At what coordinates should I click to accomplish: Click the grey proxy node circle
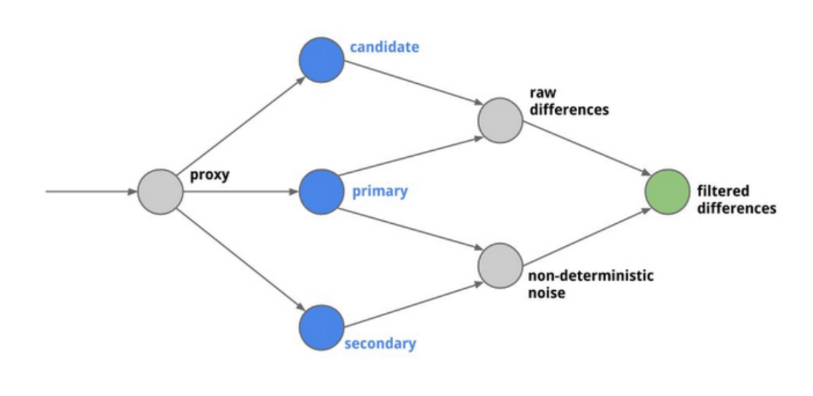pos(160,192)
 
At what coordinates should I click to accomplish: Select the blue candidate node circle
pos(321,60)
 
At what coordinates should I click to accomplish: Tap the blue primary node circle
pos(321,192)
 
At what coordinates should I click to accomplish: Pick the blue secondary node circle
pos(321,327)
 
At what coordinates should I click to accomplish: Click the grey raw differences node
pos(500,120)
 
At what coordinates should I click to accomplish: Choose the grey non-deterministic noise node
pos(500,266)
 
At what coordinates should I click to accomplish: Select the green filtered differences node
pos(667,192)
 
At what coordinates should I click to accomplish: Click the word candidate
pos(384,47)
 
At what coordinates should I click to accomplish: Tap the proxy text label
pos(209,175)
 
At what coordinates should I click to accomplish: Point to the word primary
pos(380,191)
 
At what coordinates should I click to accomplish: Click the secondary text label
pos(380,343)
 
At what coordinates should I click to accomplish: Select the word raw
pos(542,93)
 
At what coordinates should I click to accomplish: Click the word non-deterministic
pos(591,276)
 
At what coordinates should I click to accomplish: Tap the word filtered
pos(723,191)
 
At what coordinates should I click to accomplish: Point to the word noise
pos(546,293)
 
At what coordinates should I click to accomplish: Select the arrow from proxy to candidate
pos(240,125)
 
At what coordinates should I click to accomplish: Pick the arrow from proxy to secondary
pos(240,259)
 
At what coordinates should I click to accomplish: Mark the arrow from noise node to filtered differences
pos(586,237)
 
